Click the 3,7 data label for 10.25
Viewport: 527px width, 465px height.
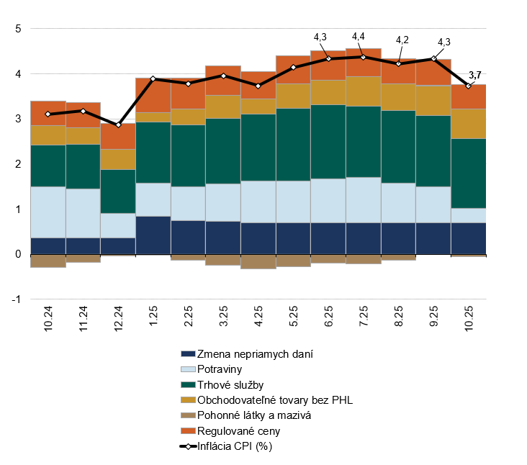pos(475,75)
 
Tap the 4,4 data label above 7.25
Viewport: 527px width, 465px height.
pos(359,37)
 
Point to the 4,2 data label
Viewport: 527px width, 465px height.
pos(402,40)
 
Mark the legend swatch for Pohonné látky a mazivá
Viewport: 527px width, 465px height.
pos(188,415)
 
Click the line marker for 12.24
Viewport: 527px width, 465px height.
pos(119,125)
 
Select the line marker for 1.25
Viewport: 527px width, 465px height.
pos(153,78)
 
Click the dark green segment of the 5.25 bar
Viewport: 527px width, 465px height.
pos(293,144)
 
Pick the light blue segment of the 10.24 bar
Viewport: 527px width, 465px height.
pos(48,212)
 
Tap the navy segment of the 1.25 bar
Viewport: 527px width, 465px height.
pos(153,235)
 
